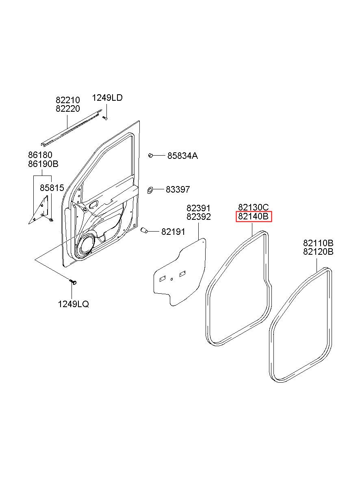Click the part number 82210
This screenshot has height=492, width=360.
tap(67, 100)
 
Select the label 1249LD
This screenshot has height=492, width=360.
tap(107, 98)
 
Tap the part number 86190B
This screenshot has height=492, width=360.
tap(43, 164)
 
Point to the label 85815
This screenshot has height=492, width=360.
tap(52, 188)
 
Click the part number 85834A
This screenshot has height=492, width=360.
tap(182, 156)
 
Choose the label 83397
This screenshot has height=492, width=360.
tap(178, 189)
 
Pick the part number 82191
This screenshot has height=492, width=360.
tap(173, 232)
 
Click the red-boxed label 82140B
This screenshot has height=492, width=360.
tap(254, 217)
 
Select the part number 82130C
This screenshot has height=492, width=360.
tap(254, 207)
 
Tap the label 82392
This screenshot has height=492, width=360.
tap(199, 217)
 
